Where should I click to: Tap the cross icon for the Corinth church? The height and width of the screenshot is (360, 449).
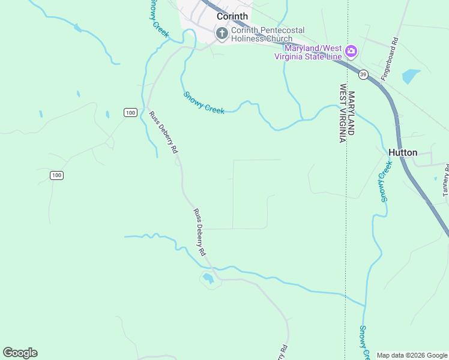tap(222, 34)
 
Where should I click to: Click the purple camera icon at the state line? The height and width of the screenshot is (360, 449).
tap(351, 52)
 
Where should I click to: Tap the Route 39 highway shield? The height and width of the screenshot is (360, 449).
tap(363, 75)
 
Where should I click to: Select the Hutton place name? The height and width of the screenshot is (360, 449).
tap(403, 152)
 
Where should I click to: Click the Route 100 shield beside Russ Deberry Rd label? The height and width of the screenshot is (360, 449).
tap(131, 112)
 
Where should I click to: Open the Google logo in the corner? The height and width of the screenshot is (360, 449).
tap(20, 352)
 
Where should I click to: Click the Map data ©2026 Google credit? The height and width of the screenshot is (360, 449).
tap(412, 355)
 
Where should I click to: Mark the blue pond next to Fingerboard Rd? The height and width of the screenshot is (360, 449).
tap(411, 76)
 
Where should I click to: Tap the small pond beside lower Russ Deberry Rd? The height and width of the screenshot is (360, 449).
tap(208, 278)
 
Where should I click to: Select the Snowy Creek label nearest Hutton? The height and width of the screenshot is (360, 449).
tap(385, 181)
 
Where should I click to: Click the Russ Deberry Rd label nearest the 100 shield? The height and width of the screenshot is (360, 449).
tap(164, 131)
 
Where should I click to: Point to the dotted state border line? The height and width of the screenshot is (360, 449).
tap(346, 240)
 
